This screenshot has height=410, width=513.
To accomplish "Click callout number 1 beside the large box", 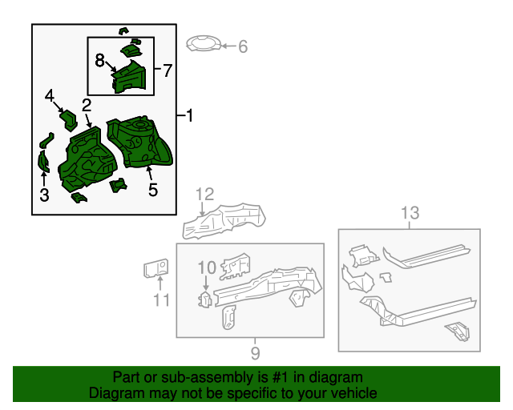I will click(189, 116).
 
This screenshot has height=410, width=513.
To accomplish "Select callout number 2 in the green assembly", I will click(86, 105).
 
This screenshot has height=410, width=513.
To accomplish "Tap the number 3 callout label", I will click(44, 195).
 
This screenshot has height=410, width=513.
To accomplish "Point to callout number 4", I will click(50, 96).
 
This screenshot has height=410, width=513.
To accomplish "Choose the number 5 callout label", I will click(153, 190).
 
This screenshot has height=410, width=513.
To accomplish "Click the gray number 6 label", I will click(243, 47).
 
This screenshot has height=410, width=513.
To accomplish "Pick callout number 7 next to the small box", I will click(167, 70).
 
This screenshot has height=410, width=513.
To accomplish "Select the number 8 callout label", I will click(100, 60).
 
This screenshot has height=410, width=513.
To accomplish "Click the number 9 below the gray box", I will click(255, 352).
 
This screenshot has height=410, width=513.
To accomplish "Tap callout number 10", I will click(207, 267).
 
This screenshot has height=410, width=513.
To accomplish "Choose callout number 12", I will click(205, 194).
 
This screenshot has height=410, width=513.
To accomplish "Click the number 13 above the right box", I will click(410, 213).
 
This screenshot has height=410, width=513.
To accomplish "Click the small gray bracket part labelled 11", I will click(156, 267).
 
